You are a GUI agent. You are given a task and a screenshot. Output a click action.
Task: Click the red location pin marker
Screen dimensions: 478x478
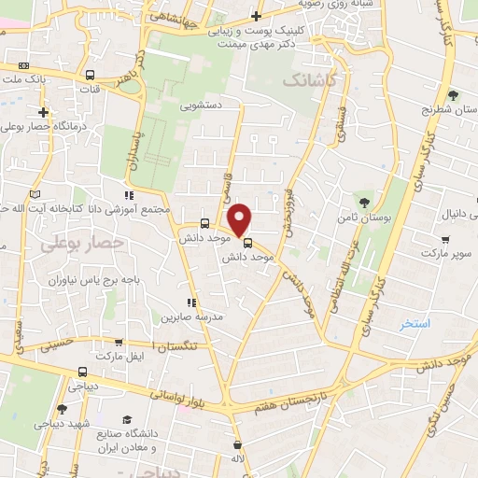coord(240,220)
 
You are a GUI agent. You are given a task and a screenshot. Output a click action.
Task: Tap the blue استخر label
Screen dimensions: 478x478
coord(415,324)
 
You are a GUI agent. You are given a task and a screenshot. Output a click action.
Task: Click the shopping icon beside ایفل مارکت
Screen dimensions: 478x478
coord(119,343)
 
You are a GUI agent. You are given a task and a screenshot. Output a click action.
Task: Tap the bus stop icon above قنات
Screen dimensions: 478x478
coord(90,76)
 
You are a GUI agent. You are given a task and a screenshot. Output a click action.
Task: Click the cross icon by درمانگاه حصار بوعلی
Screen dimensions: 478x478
coord(43,112)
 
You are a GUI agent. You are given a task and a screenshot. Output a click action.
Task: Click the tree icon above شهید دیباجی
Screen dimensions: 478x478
coord(62,408)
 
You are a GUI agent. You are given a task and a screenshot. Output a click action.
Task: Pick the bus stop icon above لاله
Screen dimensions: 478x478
coord(239,443)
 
